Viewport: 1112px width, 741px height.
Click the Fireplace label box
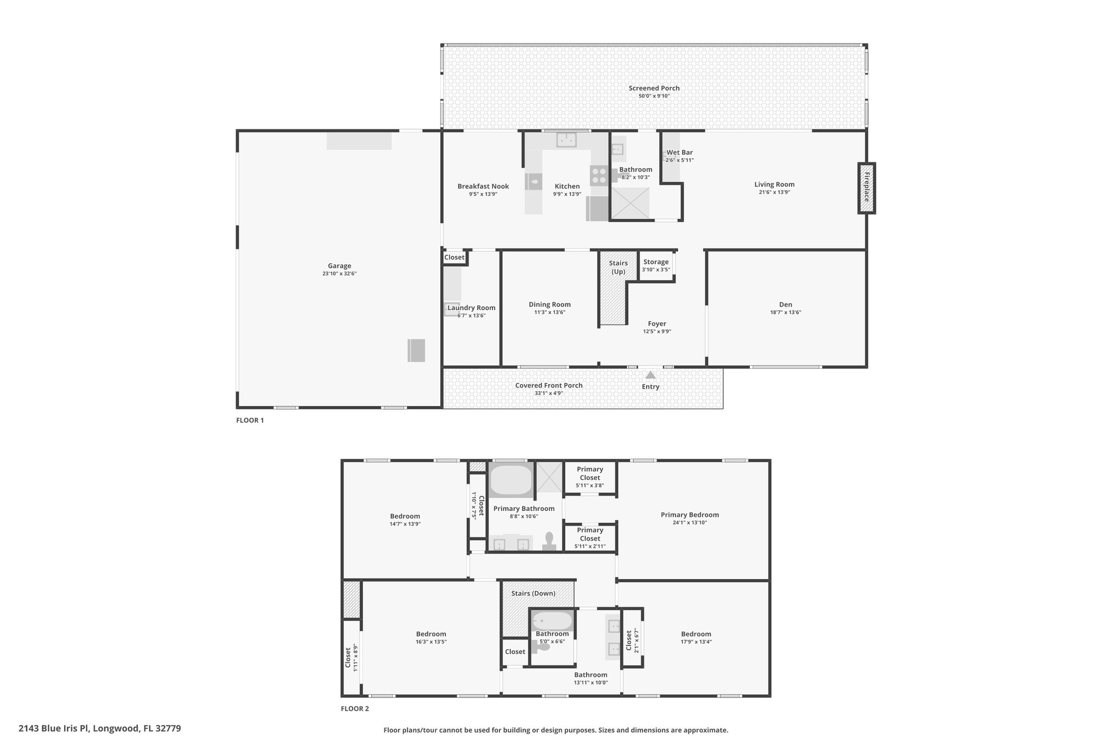(x=867, y=188)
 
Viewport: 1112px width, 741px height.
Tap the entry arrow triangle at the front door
(x=650, y=375)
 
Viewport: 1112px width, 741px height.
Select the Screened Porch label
(x=654, y=88)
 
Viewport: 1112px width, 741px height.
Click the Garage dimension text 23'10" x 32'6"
(x=339, y=274)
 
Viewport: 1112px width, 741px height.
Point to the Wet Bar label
(x=680, y=153)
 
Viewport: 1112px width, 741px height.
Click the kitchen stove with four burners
(x=599, y=175)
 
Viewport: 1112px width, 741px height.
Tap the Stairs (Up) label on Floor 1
(x=618, y=267)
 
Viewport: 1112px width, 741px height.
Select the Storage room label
(x=656, y=262)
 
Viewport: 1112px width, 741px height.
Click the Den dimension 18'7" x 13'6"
(x=786, y=312)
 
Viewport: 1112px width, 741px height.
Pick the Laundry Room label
(x=471, y=308)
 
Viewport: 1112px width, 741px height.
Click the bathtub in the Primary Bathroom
(x=511, y=479)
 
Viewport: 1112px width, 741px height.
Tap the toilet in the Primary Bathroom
(x=549, y=541)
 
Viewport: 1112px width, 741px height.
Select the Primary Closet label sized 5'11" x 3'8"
(x=590, y=473)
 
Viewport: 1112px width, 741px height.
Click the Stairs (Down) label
(x=533, y=593)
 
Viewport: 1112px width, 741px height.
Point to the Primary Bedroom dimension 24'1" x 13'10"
(x=690, y=522)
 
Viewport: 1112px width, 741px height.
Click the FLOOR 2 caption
(x=355, y=708)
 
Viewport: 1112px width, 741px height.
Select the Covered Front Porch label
(x=549, y=385)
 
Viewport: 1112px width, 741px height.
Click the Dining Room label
(x=549, y=305)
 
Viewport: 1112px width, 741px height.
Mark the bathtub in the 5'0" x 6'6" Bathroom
(x=552, y=620)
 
